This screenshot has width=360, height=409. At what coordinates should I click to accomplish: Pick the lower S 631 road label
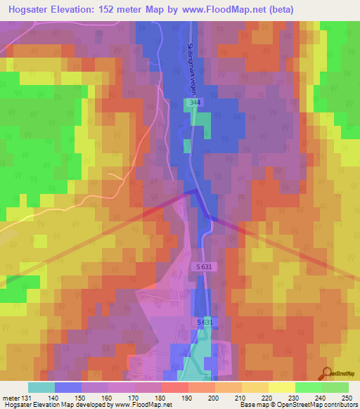(x=203, y=321)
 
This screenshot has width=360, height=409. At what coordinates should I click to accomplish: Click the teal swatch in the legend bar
(x=41, y=387)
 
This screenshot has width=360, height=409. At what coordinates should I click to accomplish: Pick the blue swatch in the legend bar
(x=68, y=387)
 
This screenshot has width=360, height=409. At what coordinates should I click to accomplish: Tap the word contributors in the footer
(x=338, y=405)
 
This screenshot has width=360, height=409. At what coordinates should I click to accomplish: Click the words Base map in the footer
(x=252, y=405)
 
